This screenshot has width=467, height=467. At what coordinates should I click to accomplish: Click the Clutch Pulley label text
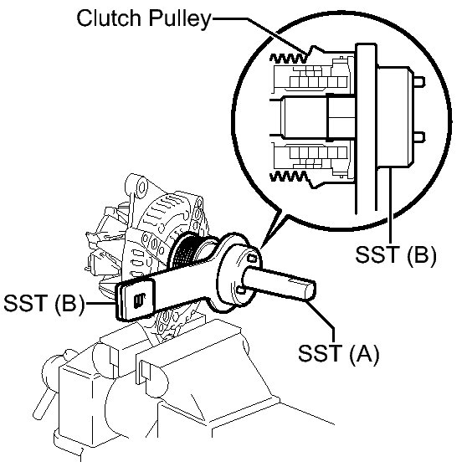[144, 18]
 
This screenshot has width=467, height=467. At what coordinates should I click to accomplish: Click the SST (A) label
[339, 353]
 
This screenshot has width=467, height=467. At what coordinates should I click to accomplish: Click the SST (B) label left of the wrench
[44, 303]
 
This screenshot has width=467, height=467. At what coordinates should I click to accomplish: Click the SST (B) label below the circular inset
[396, 254]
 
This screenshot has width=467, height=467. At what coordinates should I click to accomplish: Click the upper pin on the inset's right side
[419, 82]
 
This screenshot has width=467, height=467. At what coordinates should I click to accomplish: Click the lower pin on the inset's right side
[419, 136]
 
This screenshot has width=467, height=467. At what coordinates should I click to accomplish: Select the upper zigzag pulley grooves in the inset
[288, 59]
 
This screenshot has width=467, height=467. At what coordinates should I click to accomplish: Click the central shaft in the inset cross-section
[313, 117]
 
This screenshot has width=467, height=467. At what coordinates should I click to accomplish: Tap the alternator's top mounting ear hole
[141, 188]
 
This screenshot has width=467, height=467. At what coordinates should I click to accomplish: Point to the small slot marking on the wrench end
[139, 300]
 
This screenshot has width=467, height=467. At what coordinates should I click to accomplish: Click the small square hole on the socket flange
[253, 259]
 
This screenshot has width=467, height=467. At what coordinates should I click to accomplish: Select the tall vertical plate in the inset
[366, 128]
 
